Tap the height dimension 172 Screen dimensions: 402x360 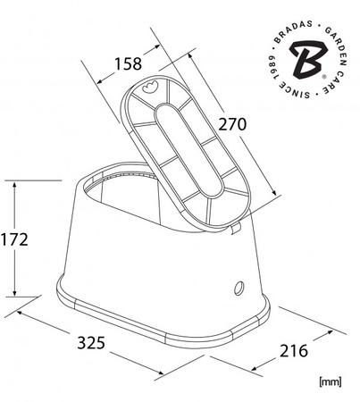point(15,239)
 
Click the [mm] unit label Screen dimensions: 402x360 point(330,381)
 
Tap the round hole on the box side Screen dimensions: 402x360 point(239,287)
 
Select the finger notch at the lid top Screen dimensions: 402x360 point(149,88)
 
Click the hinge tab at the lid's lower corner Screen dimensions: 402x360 point(236,229)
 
